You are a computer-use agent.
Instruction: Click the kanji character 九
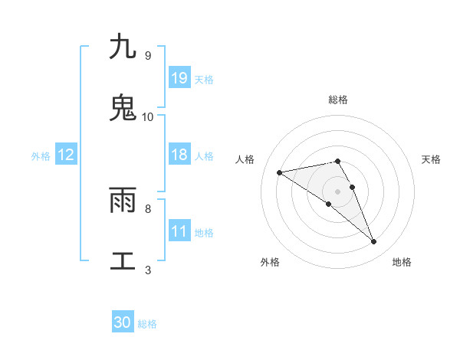123,47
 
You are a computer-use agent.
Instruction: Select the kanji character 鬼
123,108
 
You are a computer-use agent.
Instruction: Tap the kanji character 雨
123,200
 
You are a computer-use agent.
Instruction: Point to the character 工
123,261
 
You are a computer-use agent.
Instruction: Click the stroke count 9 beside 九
147,56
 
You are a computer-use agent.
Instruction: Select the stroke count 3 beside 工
147,270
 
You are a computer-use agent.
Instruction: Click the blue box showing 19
179,78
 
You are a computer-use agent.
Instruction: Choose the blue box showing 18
179,155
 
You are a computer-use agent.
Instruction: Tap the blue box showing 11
179,231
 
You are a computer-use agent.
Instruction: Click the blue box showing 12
66,155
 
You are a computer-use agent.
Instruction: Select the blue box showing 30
123,322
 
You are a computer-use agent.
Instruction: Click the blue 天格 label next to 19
204,79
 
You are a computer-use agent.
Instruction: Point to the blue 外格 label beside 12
41,155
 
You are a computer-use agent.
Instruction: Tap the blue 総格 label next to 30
147,324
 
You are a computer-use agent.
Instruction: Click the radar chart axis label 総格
338,100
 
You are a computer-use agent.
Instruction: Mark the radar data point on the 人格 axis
280,172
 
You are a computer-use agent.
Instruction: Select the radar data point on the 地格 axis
373,242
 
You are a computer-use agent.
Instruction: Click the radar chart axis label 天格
432,159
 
